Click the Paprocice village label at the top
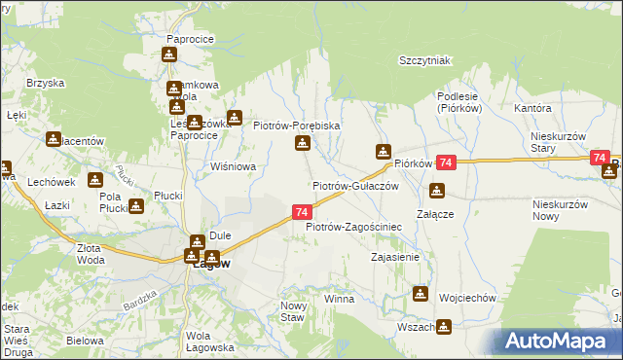(x=190, y=39)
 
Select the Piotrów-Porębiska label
(x=296, y=126)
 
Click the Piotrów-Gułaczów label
(x=355, y=185)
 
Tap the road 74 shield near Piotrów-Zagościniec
(x=301, y=212)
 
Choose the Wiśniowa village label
(x=234, y=166)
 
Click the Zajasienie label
(x=395, y=258)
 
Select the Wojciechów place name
(x=468, y=298)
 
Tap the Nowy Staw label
(x=293, y=311)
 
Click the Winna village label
(x=340, y=299)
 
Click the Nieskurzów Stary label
(x=557, y=142)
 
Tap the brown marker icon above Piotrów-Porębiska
(x=303, y=145)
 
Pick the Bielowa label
(x=85, y=342)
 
